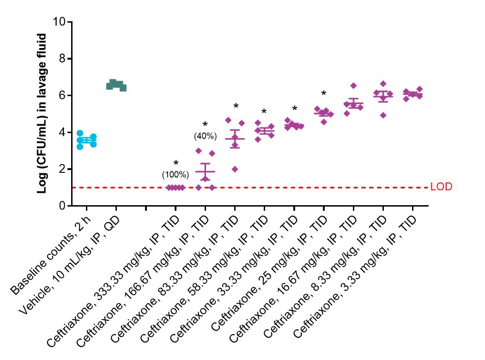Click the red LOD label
441,187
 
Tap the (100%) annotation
176,175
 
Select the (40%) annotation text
205,136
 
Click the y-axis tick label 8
62,59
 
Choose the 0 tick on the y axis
62,206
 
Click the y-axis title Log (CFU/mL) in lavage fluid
42,113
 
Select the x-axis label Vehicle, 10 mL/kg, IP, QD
69,265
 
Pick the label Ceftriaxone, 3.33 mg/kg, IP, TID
355,276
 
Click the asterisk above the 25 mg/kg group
323,93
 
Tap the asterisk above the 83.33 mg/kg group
236,106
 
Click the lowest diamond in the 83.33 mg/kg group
235,169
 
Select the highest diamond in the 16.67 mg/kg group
353,85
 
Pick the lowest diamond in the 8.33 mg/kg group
383,115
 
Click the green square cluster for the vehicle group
116,85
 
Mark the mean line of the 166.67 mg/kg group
205,171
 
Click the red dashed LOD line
249,188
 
